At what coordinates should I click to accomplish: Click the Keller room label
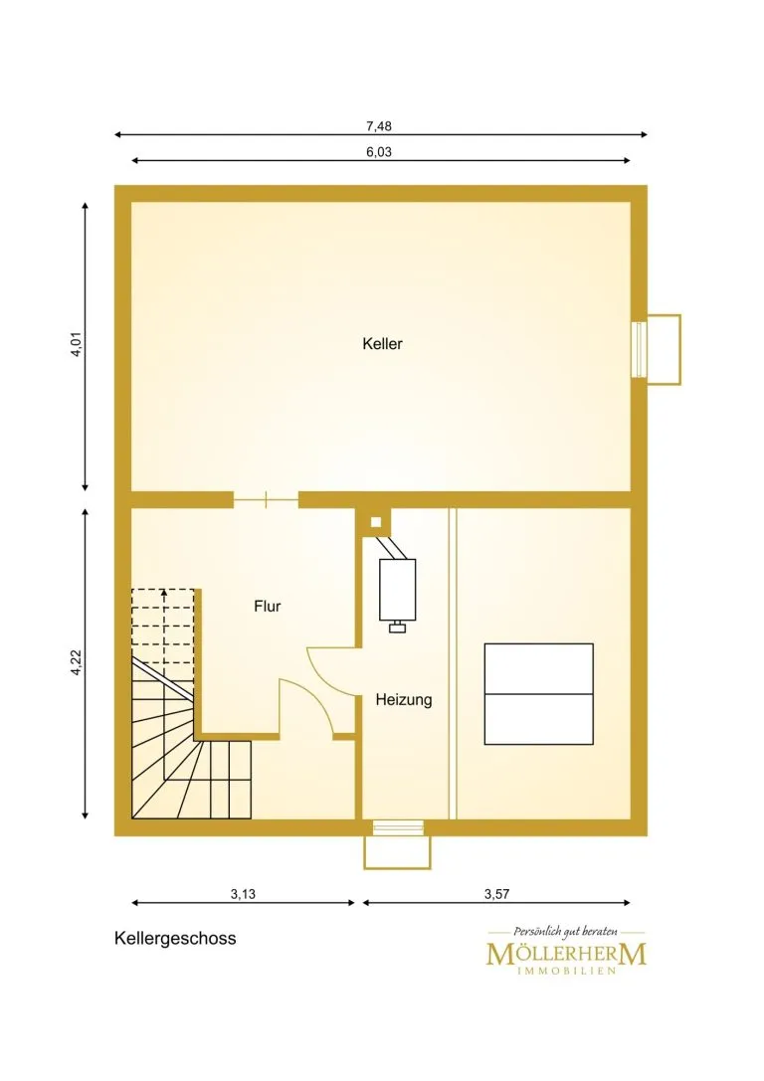[x=382, y=343]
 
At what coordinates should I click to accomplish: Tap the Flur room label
[x=268, y=606]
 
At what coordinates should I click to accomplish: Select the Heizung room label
[x=404, y=700]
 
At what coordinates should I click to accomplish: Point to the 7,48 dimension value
[x=379, y=126]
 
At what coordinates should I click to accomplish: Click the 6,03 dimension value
[x=379, y=152]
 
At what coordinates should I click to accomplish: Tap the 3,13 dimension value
[x=243, y=894]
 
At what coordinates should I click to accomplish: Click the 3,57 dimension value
[x=496, y=894]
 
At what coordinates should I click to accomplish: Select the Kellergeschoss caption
[x=175, y=938]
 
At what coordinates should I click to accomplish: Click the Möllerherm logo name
[x=566, y=954]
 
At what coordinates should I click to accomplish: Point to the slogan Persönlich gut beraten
[x=565, y=932]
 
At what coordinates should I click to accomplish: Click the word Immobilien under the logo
[x=566, y=972]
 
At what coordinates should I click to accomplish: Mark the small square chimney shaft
[x=376, y=522]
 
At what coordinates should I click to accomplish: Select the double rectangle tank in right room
[x=538, y=694]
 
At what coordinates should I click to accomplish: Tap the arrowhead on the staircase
[x=163, y=592]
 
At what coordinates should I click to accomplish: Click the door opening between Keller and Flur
[x=266, y=500]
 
